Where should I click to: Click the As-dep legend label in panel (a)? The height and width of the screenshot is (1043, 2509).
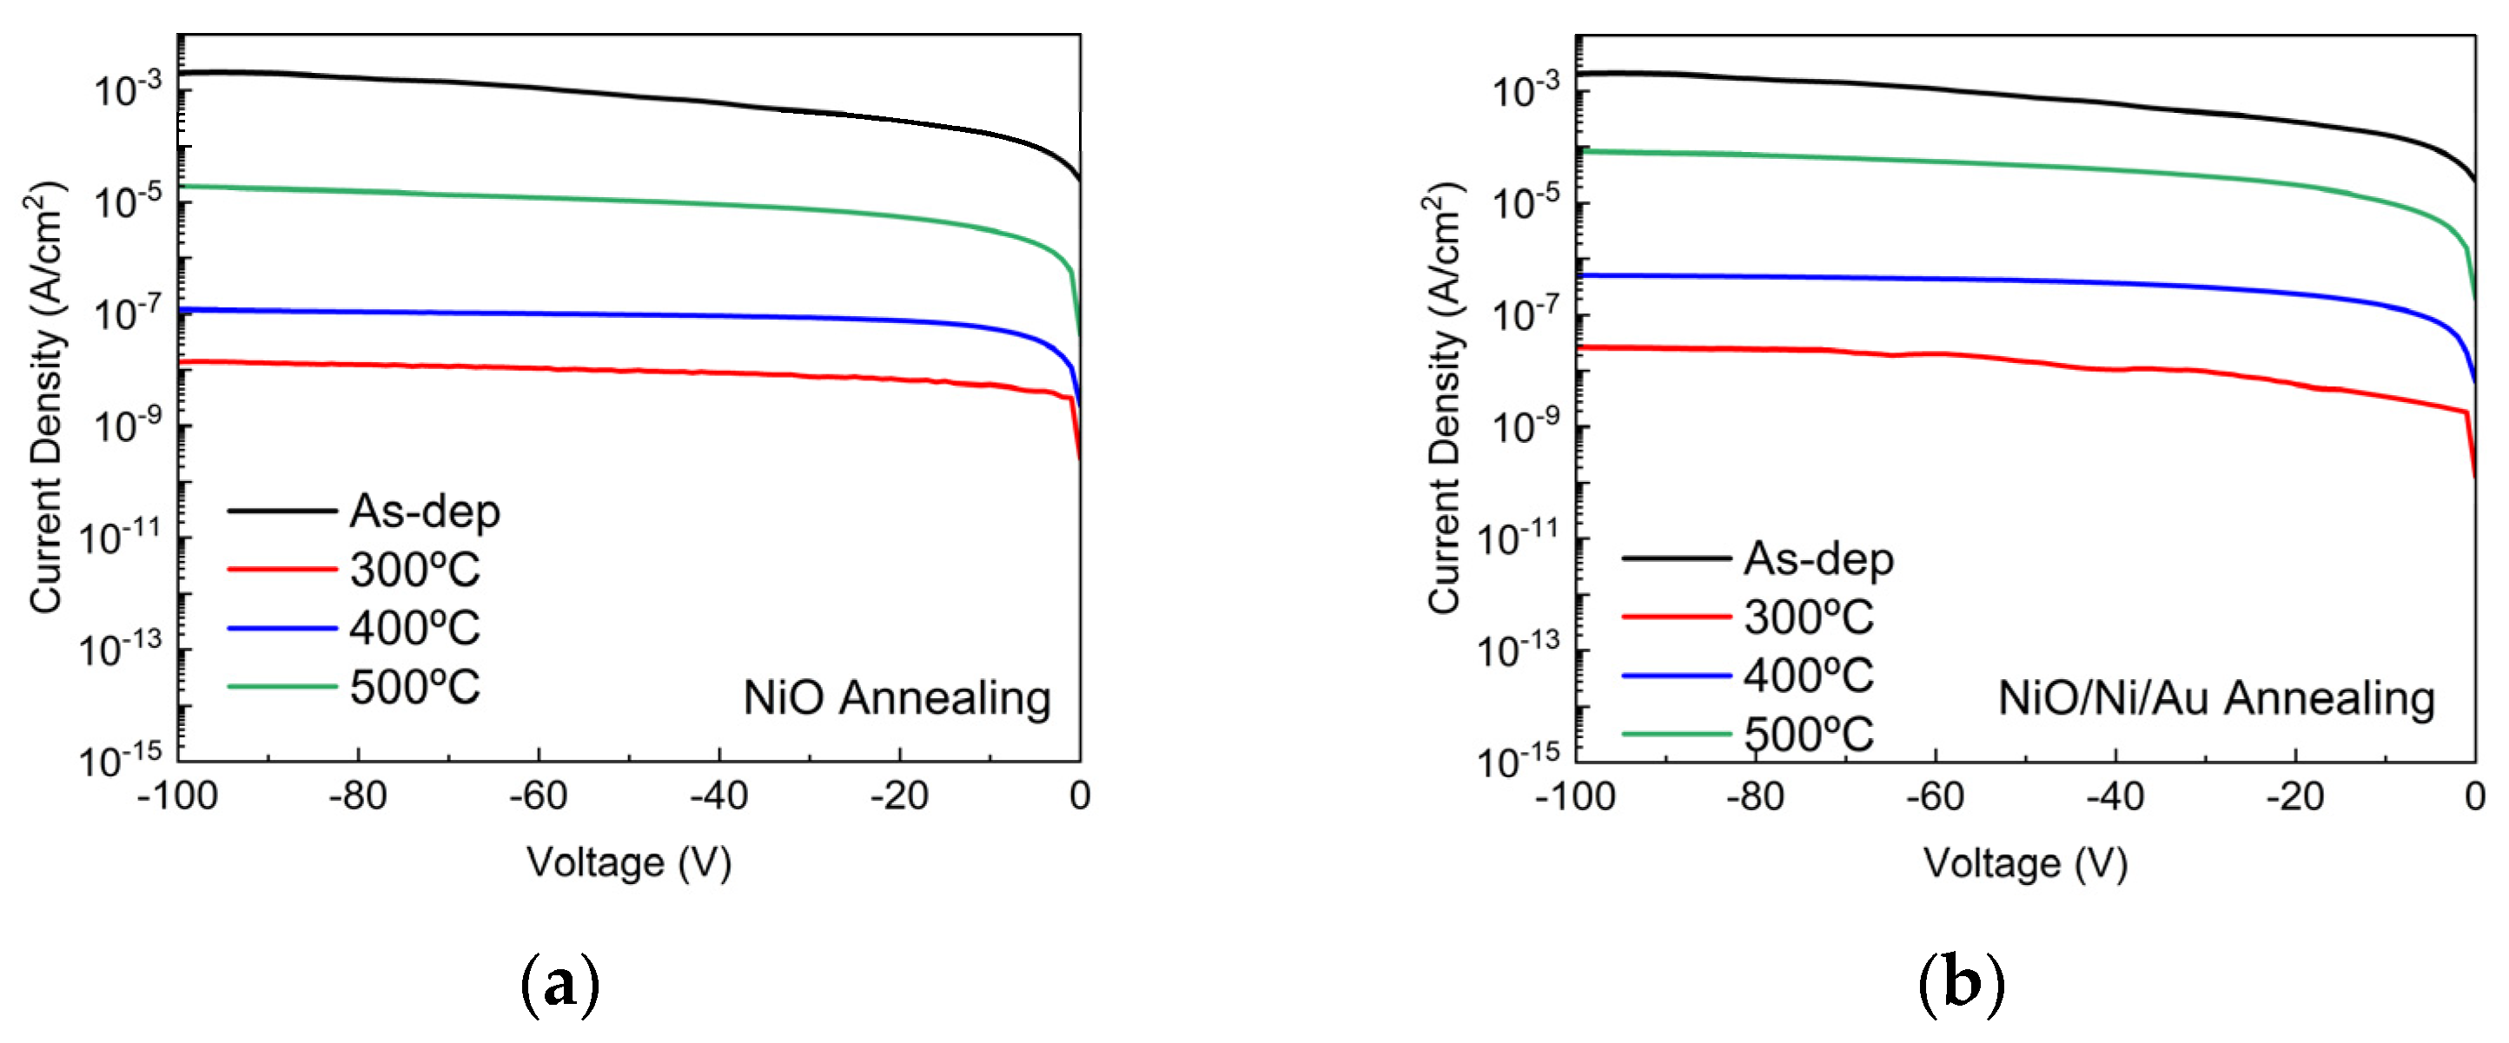(x=425, y=512)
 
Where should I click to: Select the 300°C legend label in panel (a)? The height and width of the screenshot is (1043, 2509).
(x=415, y=570)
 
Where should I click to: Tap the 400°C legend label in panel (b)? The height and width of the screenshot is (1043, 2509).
(x=1808, y=676)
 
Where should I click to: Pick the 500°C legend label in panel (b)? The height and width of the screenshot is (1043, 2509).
(x=1808, y=735)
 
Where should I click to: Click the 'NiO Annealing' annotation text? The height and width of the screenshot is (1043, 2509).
(x=897, y=698)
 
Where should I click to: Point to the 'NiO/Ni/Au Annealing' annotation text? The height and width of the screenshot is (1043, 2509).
(x=2216, y=698)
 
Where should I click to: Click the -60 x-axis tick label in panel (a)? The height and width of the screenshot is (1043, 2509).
(x=538, y=796)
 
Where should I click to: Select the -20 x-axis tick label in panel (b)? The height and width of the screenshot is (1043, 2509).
(x=2294, y=797)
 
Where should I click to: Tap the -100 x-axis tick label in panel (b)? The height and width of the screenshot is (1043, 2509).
(x=1575, y=797)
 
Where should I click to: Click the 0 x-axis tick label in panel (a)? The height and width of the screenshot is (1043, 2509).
(x=1079, y=796)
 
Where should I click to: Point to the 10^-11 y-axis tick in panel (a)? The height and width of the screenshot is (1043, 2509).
(x=120, y=537)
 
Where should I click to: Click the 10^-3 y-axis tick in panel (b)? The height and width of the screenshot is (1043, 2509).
(x=1526, y=89)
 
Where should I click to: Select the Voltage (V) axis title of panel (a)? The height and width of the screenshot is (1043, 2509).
(x=629, y=863)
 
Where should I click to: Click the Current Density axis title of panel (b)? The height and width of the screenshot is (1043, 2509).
(x=1445, y=398)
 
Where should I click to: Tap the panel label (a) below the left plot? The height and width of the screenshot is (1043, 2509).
(x=560, y=986)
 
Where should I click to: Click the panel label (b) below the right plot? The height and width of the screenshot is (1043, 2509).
(x=1961, y=986)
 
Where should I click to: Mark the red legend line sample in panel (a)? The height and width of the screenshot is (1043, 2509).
(x=281, y=569)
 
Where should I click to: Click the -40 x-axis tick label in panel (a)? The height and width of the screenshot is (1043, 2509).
(x=718, y=796)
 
